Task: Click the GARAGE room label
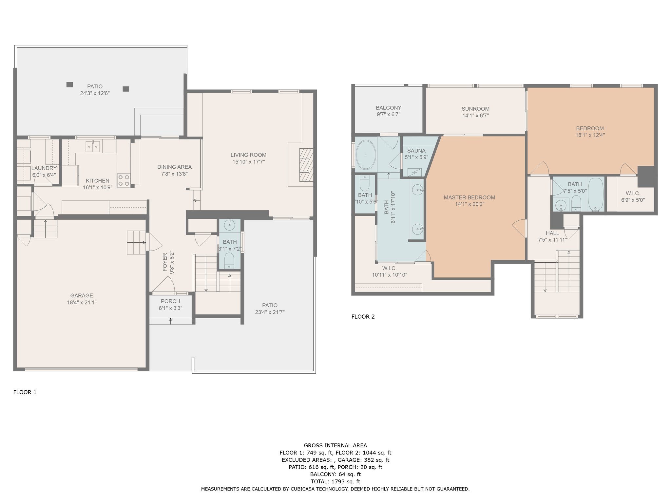[x=82, y=295]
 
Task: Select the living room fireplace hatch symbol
[x=306, y=165]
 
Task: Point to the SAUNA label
[x=416, y=151]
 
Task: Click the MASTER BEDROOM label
[x=470, y=197]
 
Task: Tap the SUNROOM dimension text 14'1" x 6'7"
[x=475, y=115]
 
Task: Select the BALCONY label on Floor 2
[x=389, y=108]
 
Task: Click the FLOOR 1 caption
[x=25, y=392]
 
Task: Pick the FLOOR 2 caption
[x=363, y=317]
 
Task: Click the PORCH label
[x=170, y=301]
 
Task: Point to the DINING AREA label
[x=174, y=167]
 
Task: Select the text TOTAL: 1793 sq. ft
[x=335, y=481]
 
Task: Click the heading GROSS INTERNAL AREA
[x=335, y=445]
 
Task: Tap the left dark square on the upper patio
[x=69, y=84]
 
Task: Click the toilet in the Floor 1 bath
[x=229, y=260]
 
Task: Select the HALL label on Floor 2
[x=552, y=233]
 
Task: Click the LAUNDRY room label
[x=44, y=168]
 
